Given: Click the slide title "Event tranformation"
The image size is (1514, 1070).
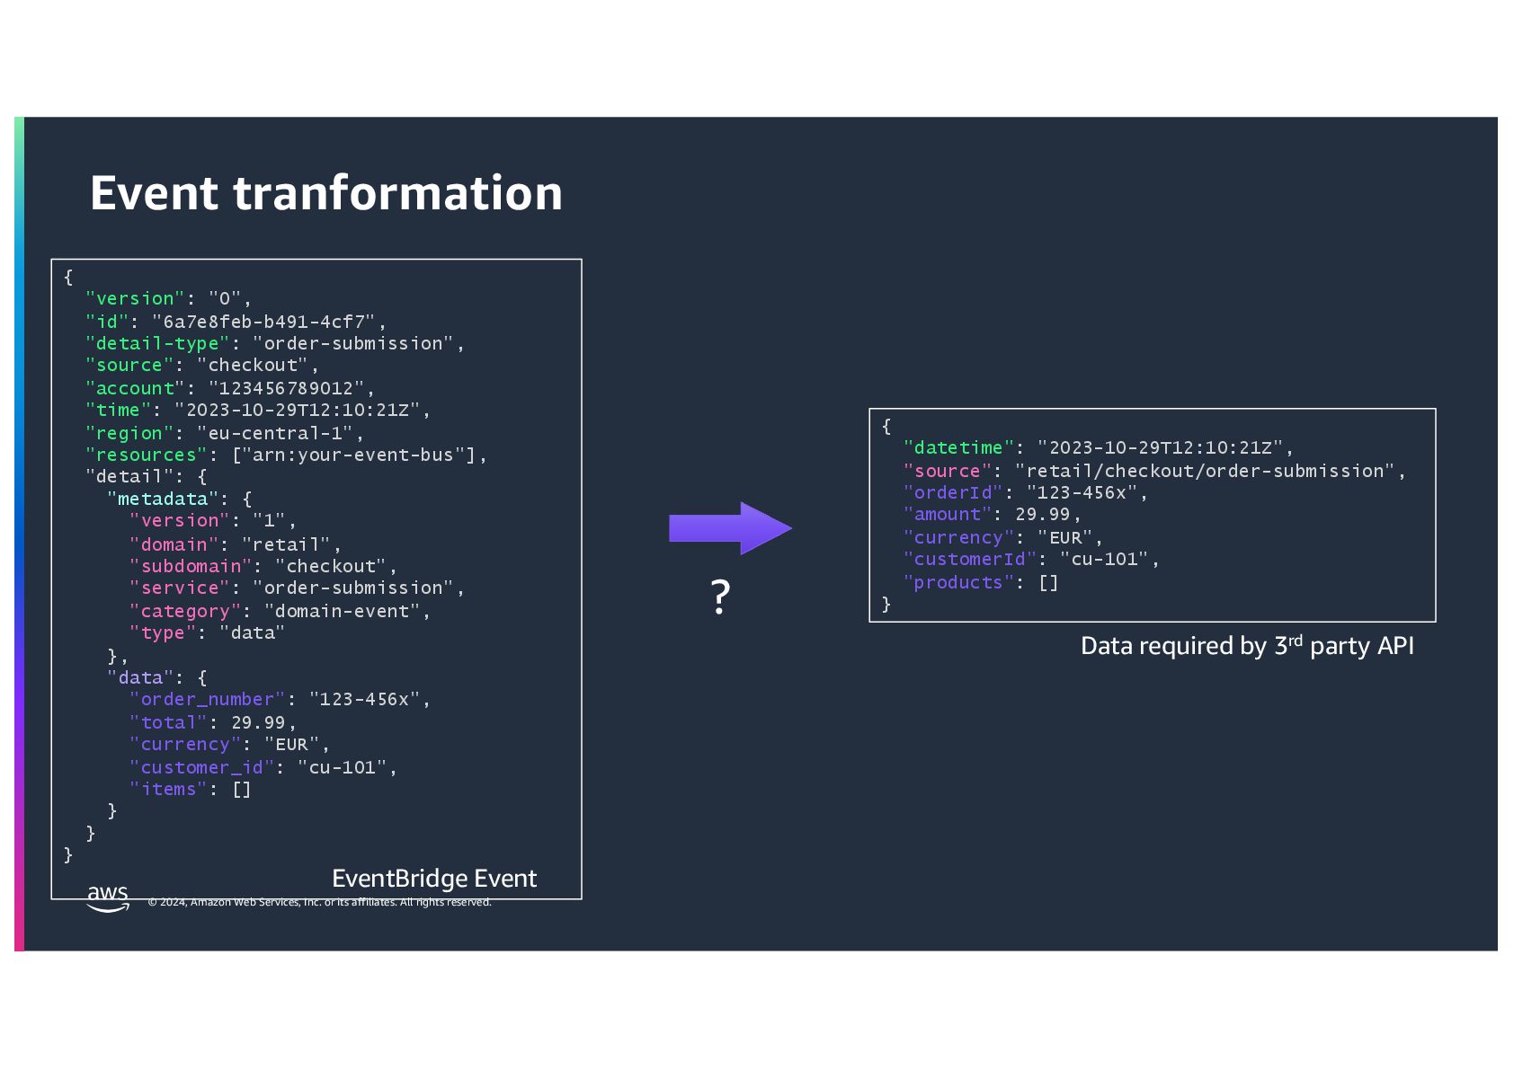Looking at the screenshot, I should (325, 193).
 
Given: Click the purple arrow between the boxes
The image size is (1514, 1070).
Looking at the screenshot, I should (729, 528).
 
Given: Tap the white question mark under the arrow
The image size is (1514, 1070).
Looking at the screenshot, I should (720, 597).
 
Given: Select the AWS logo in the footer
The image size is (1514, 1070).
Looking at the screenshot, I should (108, 897).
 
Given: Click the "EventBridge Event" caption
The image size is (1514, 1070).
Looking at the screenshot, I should (434, 879).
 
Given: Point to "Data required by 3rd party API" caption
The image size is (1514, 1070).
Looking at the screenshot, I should (1247, 646).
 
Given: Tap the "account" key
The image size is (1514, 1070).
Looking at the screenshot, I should (135, 388).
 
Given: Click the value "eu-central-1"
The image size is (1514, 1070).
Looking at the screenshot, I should (275, 433).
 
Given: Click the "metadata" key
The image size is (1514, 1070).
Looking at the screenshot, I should (163, 499).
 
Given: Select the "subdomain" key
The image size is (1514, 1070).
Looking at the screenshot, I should (191, 566).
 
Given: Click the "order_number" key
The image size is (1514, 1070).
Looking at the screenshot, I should (207, 699).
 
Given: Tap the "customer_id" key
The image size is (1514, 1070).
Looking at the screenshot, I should (201, 767).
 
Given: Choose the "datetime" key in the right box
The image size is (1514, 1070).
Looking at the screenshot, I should (958, 447).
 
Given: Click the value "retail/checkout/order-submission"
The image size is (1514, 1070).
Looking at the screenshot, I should (1205, 471).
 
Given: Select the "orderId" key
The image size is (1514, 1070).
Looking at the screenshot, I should (953, 492).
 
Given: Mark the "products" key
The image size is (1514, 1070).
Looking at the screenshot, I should (958, 582).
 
